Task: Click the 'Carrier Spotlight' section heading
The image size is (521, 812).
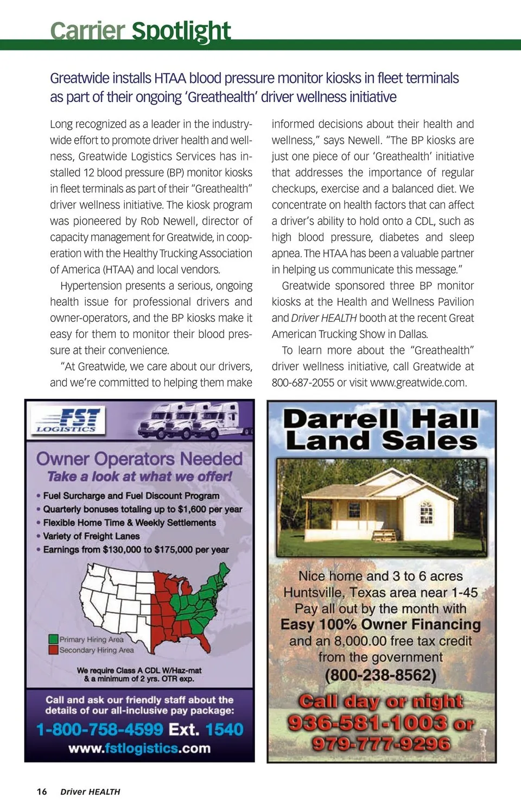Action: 140,30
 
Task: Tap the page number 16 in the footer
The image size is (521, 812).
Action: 42,791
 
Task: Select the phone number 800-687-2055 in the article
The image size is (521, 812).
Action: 303,383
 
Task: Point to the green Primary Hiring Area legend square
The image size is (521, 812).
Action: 53,639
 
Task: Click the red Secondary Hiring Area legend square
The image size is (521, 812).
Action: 53,650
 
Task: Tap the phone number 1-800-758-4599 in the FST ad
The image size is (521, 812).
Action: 100,729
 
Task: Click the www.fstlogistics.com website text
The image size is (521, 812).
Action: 139,748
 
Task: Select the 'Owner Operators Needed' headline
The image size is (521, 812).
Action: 139,459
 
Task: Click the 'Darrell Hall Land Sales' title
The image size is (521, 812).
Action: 381,430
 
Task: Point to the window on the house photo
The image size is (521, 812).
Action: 427,512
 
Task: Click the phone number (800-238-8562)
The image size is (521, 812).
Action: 380,675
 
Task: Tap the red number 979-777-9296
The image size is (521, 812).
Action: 381,743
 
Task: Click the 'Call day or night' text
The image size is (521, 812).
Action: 381,701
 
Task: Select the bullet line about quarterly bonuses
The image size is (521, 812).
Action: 142,509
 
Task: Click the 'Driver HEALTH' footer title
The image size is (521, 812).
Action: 90,791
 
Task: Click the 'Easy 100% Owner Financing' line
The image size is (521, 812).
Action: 380,625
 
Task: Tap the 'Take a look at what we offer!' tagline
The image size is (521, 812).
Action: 139,477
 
